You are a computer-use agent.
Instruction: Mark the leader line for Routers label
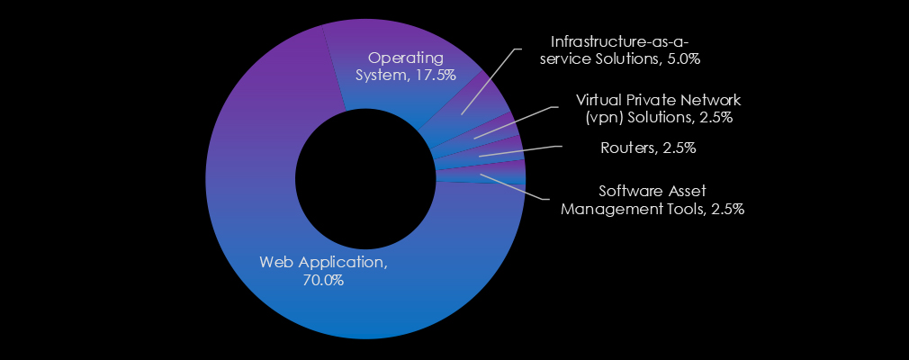point(522,150)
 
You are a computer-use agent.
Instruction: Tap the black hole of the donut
point(364,180)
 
